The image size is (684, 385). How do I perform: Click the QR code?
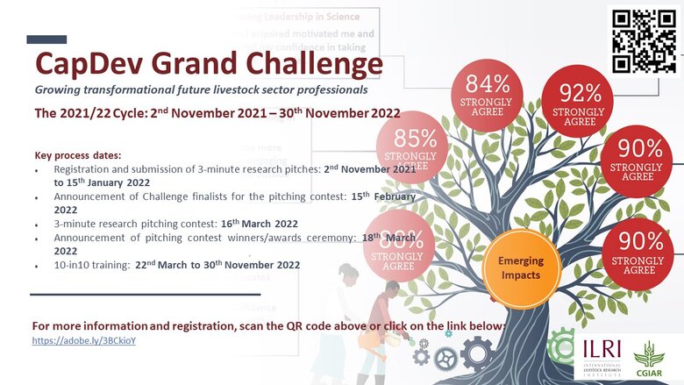pos(643,41)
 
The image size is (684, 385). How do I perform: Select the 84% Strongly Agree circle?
pos(487,95)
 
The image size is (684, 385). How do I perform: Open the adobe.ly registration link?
pos(83,339)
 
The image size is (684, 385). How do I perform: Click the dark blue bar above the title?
pos(46,39)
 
